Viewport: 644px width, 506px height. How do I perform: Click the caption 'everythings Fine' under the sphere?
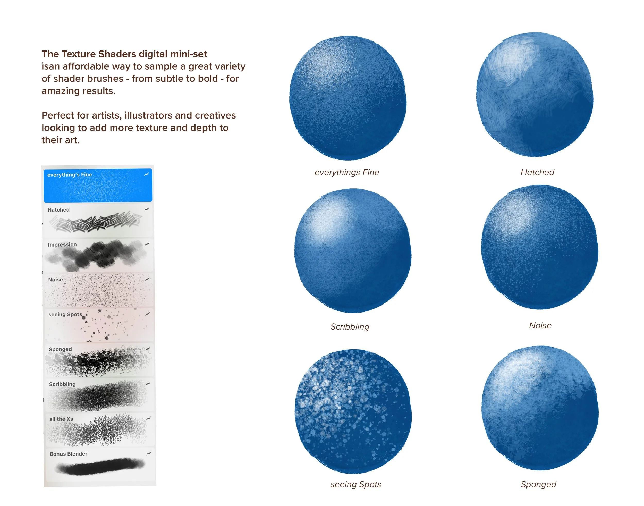(x=346, y=172)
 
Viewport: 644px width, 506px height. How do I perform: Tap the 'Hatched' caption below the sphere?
(x=537, y=172)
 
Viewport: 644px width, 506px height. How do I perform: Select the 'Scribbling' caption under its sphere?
(x=350, y=326)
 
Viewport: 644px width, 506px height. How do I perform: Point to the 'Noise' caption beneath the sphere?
(x=540, y=325)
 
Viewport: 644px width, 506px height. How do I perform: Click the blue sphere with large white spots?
(x=353, y=411)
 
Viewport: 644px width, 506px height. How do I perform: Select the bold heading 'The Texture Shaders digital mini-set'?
(x=124, y=54)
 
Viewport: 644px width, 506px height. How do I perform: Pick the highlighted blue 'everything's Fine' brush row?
(x=98, y=185)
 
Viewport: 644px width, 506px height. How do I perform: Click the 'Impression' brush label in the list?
(x=62, y=245)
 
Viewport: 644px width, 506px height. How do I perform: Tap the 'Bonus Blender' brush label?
(x=69, y=454)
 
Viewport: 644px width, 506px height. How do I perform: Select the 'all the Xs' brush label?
(x=61, y=419)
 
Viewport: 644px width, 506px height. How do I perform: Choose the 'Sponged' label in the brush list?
(x=60, y=349)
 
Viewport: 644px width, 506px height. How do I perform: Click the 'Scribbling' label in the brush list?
(x=62, y=384)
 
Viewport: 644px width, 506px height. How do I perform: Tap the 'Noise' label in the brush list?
(x=55, y=279)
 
